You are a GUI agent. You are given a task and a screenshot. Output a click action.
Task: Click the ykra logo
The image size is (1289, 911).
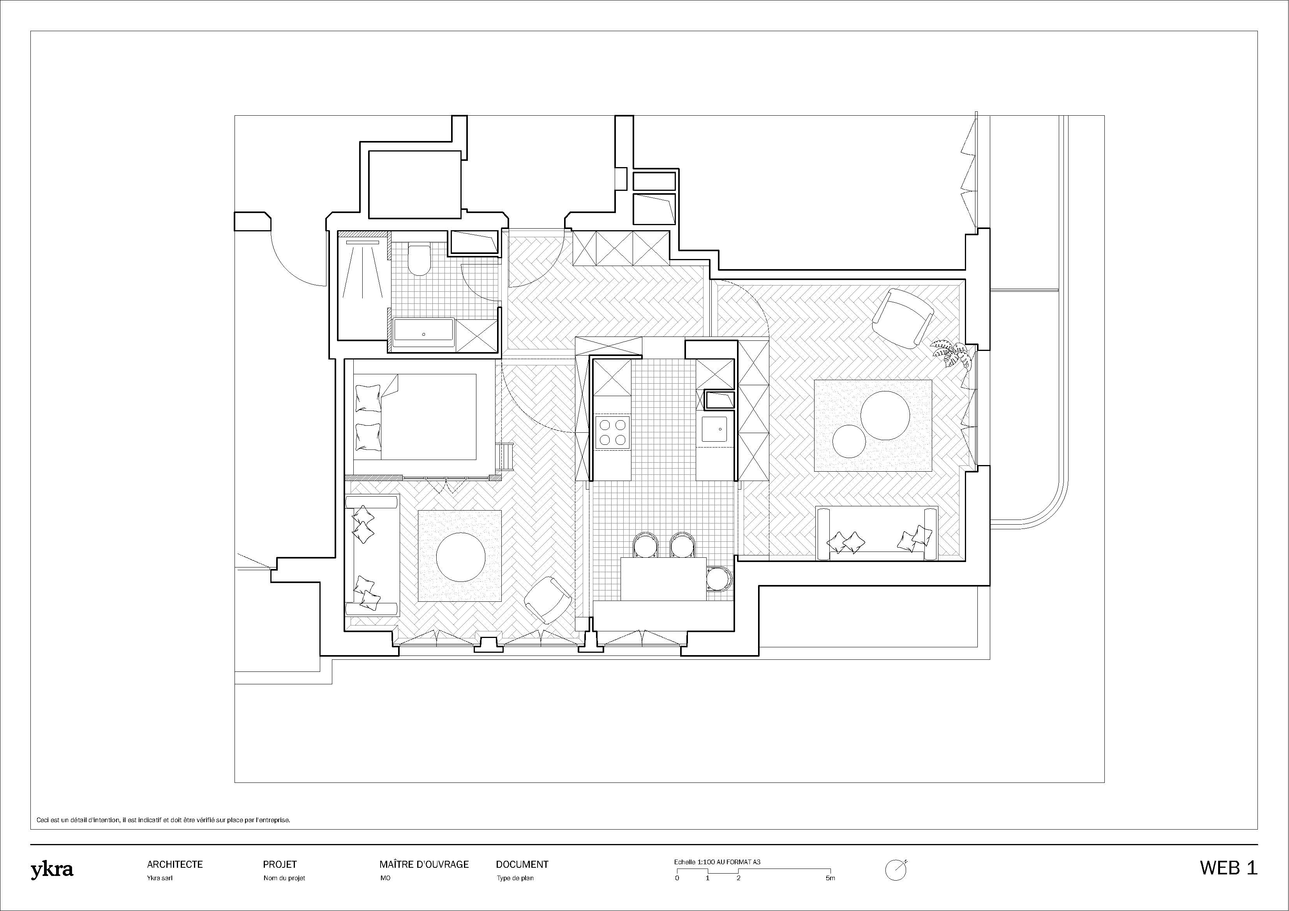pyautogui.click(x=52, y=870)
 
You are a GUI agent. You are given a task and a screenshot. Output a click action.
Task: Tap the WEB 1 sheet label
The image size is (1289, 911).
pyautogui.click(x=1228, y=868)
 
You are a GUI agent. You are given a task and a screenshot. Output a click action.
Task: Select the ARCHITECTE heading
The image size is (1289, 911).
pyautogui.click(x=175, y=864)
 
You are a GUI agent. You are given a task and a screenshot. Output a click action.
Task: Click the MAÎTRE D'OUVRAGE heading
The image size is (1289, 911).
pyautogui.click(x=424, y=864)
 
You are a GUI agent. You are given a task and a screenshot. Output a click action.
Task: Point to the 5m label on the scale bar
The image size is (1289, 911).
pyautogui.click(x=831, y=878)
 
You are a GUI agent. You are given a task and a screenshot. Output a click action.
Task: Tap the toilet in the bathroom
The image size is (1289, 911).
pyautogui.click(x=418, y=259)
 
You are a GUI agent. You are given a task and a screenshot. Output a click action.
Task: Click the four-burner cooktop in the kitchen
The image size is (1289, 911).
pyautogui.click(x=612, y=432)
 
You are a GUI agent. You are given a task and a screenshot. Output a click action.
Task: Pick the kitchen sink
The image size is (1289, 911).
pyautogui.click(x=714, y=428)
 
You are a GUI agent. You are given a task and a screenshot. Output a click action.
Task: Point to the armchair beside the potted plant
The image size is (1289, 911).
pyautogui.click(x=902, y=317)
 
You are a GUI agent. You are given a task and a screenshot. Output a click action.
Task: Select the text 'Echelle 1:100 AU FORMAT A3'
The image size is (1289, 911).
pyautogui.click(x=717, y=862)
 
